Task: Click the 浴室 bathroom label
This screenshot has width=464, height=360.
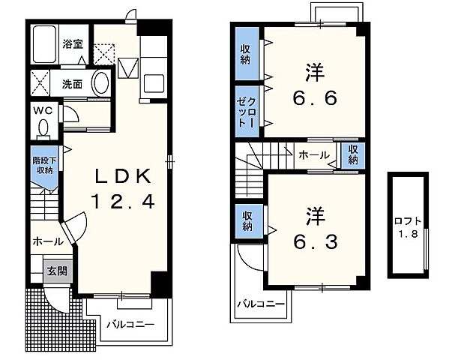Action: coord(73,44)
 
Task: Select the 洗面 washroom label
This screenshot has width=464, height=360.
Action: coord(72,84)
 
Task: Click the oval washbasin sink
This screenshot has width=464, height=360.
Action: coord(101,82)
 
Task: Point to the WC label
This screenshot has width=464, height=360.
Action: coord(43,111)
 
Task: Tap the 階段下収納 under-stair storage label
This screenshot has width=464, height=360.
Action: coord(44,166)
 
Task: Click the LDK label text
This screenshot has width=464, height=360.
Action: coord(122,177)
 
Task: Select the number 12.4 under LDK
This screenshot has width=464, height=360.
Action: coord(123,202)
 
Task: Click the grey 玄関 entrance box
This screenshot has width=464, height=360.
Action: coord(58,271)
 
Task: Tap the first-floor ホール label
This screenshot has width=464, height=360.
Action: coord(48,241)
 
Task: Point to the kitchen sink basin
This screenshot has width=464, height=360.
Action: coord(154,83)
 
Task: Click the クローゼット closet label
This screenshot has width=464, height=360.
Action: coord(247,111)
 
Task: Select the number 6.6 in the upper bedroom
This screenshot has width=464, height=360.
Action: coord(315,98)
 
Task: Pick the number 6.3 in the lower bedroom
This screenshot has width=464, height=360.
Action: coord(315,242)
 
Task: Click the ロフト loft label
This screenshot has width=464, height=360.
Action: coord(408,221)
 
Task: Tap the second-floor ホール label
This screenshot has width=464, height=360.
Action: coord(314,154)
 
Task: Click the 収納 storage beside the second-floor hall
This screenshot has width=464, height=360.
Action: coord(353,154)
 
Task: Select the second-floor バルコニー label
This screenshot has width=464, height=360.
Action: coord(261,304)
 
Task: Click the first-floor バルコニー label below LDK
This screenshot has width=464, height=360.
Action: coord(130,325)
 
